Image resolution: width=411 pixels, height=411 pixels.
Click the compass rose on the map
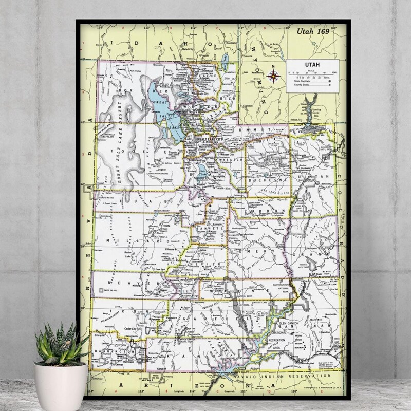[273, 77]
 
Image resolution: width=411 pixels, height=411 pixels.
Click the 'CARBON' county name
[263, 211]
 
